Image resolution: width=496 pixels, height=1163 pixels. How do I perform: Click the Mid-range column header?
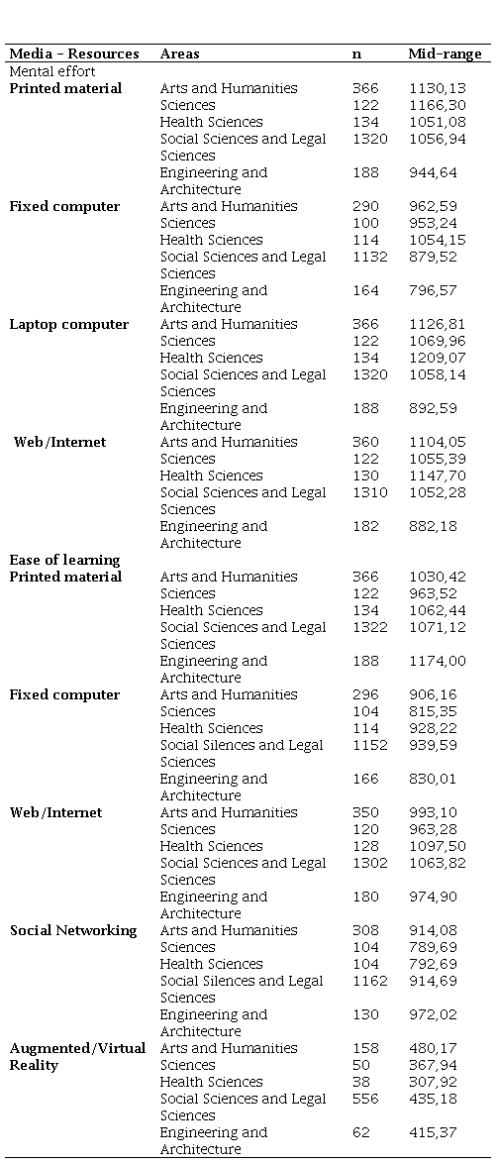point(445,53)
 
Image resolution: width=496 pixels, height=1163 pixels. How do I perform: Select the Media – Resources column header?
point(74,53)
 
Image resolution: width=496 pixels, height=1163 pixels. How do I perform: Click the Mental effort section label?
point(51,71)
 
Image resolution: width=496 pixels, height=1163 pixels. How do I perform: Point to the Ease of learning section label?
point(64,560)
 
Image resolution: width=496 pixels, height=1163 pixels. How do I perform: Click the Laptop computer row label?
point(69,324)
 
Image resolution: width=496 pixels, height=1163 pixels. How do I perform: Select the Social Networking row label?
point(73,930)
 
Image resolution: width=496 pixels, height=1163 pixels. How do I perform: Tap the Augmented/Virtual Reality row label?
point(77,1056)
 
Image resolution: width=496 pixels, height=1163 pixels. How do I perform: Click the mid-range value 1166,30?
point(439,105)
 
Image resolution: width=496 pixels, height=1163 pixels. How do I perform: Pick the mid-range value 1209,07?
point(439,358)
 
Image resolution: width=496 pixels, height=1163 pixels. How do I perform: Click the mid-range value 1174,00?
point(439,661)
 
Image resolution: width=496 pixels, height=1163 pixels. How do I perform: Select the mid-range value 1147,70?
point(439,476)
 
